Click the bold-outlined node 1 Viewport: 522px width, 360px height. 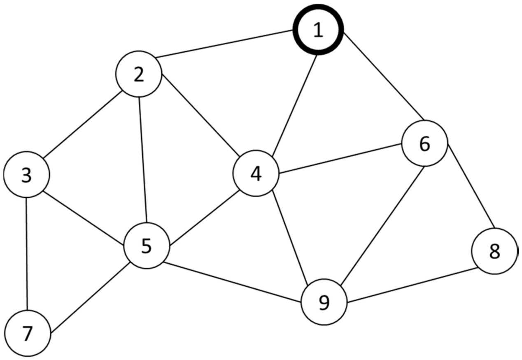point(318,30)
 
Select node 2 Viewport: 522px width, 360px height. point(139,74)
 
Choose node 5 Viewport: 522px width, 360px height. point(147,246)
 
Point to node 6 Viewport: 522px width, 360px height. point(424,143)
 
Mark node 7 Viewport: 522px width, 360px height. point(27,334)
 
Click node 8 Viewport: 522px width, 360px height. point(494,251)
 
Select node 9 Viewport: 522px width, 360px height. point(324,302)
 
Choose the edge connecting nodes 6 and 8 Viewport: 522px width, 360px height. point(470,186)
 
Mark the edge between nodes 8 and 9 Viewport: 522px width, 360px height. point(412,286)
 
